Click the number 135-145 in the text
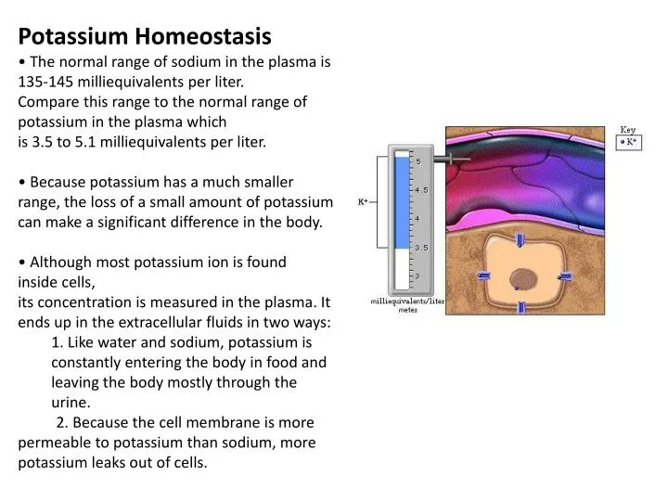click(x=48, y=81)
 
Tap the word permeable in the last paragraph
click(x=58, y=443)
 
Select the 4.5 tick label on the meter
click(x=420, y=190)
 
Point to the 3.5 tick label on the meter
click(x=420, y=248)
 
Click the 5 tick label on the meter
click(x=417, y=161)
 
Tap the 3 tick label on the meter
click(x=417, y=276)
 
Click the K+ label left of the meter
click(x=364, y=201)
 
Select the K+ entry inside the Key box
click(x=629, y=143)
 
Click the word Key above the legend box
click(x=628, y=130)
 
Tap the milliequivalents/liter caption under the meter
click(x=408, y=302)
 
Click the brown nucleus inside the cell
click(x=524, y=277)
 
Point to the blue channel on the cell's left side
click(x=483, y=276)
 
